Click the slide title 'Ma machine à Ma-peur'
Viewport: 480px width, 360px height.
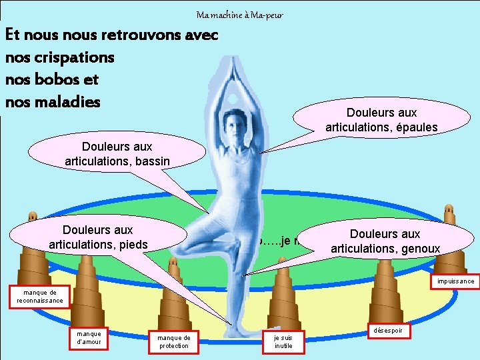pyautogui.click(x=240, y=15)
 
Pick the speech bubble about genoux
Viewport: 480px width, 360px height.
pyautogui.click(x=385, y=241)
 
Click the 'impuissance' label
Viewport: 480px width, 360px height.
pyautogui.click(x=456, y=281)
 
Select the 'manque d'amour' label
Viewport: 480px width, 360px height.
pyautogui.click(x=89, y=339)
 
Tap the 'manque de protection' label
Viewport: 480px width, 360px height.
pyautogui.click(x=173, y=342)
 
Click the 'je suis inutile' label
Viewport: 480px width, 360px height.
pyautogui.click(x=283, y=342)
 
